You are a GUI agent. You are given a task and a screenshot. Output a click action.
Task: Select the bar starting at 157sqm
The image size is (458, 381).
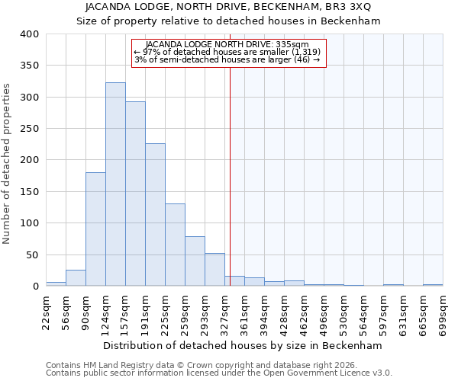135,194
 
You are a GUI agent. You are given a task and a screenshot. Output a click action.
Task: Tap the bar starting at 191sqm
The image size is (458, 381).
155,215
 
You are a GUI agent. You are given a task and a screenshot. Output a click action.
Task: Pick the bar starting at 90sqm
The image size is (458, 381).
95,229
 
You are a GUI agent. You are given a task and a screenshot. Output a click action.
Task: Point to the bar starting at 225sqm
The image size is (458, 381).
175,245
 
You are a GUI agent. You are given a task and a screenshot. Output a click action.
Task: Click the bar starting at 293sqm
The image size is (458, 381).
214,270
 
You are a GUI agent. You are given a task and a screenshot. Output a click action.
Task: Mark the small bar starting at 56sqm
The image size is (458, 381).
76,278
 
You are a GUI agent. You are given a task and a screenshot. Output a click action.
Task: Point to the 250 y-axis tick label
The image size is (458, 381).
30,129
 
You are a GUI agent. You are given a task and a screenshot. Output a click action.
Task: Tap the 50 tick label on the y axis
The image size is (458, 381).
33,255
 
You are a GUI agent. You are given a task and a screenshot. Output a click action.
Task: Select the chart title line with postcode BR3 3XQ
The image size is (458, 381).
228,7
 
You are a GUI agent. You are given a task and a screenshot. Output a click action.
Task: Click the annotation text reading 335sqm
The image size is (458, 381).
228,45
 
